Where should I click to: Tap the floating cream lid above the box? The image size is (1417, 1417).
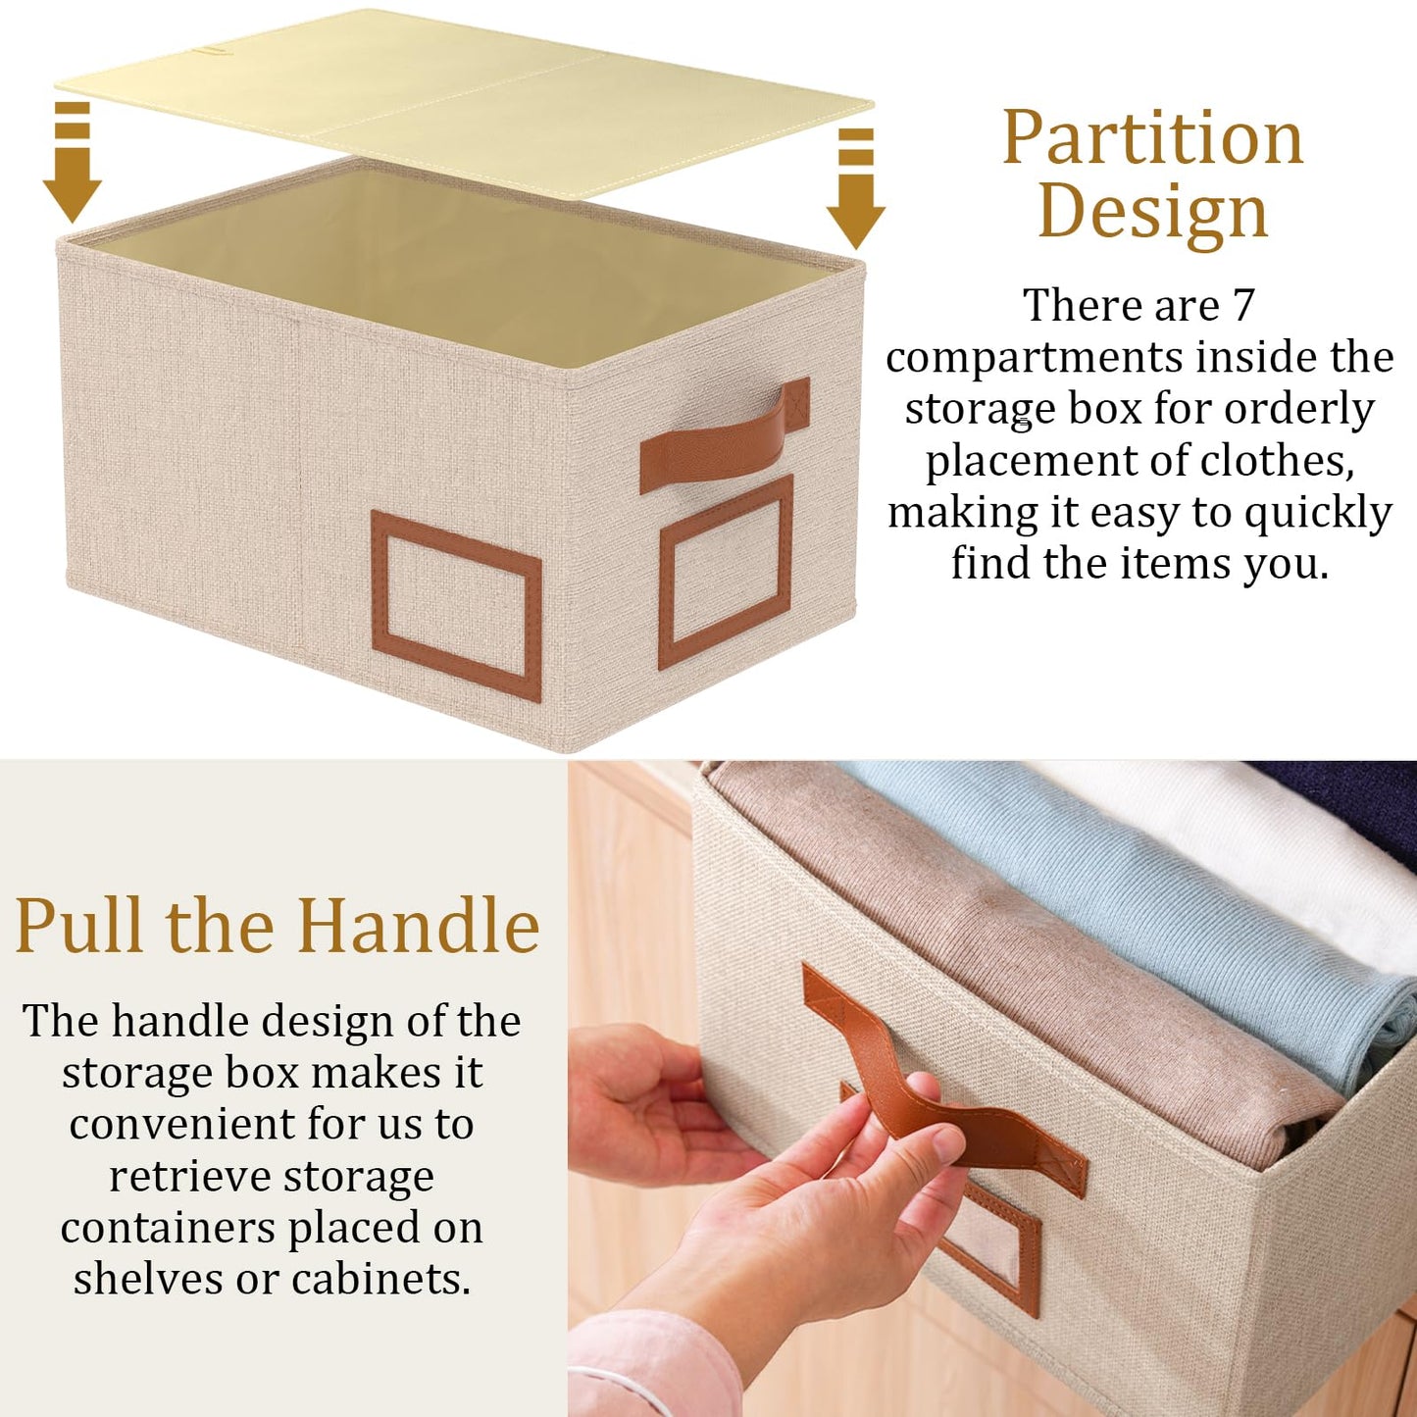461,98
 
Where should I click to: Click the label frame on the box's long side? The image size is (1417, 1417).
456,603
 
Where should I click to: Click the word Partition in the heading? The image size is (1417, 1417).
1152,139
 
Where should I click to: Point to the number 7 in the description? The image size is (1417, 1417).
1243,305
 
